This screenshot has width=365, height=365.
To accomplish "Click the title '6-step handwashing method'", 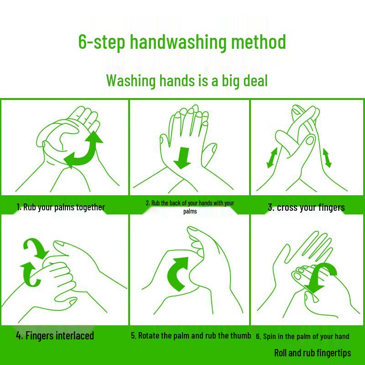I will pyautogui.click(x=182, y=42).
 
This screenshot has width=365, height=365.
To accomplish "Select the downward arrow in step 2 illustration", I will pyautogui.click(x=184, y=157).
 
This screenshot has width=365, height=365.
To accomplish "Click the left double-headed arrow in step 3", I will pyautogui.click(x=272, y=157).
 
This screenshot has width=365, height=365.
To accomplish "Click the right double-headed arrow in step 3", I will pyautogui.click(x=327, y=157).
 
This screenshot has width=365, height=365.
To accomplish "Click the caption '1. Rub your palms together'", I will pyautogui.click(x=61, y=207).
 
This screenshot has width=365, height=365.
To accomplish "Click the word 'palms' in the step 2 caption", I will pyautogui.click(x=190, y=211).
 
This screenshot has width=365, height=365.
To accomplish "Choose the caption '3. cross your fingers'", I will pyautogui.click(x=306, y=208).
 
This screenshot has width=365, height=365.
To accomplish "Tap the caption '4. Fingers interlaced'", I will pyautogui.click(x=55, y=336).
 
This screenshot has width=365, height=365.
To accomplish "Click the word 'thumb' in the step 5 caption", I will pyautogui.click(x=240, y=336).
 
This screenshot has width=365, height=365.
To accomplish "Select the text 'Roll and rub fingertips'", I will pyautogui.click(x=313, y=353).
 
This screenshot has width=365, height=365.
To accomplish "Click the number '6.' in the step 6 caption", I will pyautogui.click(x=258, y=337).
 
